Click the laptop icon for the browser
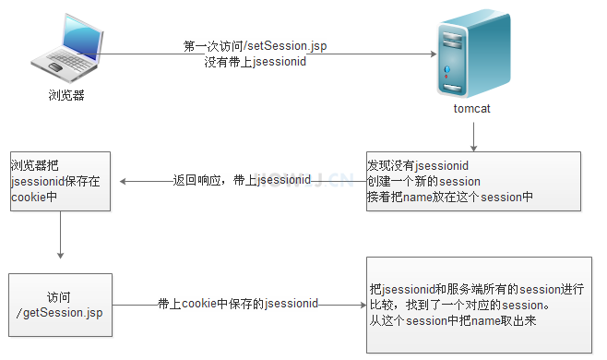65,52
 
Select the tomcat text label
472,109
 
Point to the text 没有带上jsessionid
256,63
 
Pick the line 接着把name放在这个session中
449,196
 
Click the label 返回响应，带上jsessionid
242,181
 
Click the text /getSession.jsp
60,314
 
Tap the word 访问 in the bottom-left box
59,297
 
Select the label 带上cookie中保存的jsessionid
238,303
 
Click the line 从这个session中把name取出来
451,320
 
